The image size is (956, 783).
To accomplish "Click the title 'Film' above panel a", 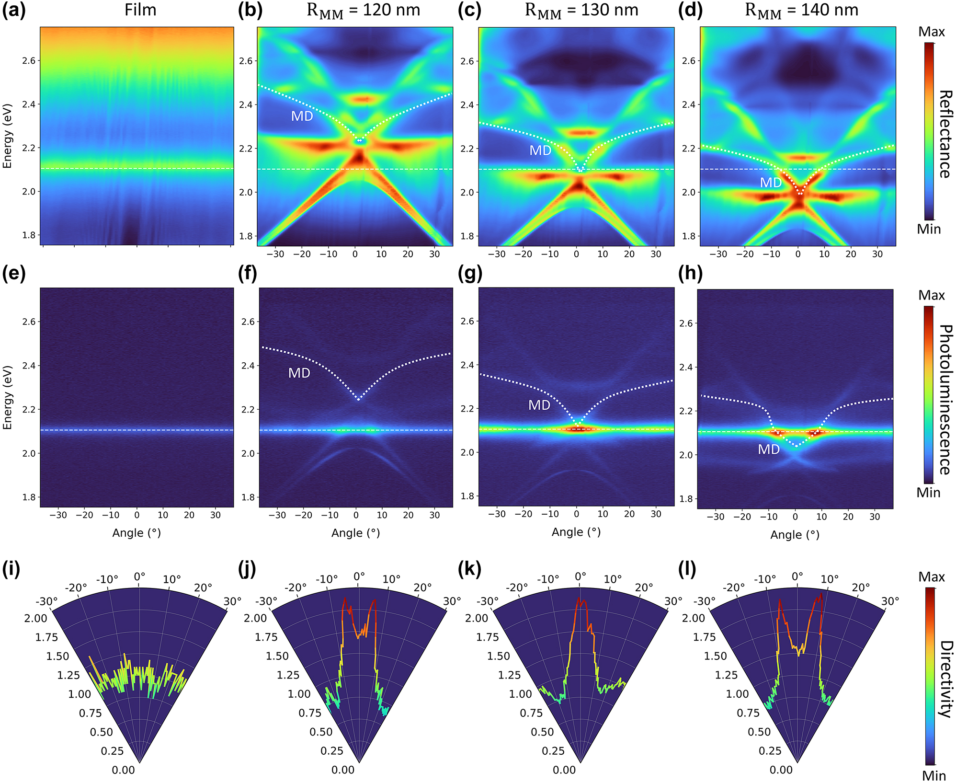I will tap(140, 10).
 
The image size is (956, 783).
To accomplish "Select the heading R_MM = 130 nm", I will tap(581, 11).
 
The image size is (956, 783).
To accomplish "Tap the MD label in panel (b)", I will tap(302, 116).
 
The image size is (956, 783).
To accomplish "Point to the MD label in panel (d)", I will tap(771, 183).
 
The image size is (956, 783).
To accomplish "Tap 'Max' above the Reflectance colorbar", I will tap(932, 32).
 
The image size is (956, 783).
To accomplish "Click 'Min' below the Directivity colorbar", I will tap(934, 775).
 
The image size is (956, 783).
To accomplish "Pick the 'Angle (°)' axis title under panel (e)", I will tap(137, 533).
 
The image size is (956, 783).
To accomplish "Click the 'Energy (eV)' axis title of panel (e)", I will tap(7, 398).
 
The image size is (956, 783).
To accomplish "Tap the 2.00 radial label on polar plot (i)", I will tap(36, 618).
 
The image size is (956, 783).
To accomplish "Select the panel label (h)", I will tap(690, 274).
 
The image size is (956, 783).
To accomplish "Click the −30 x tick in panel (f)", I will tap(277, 515).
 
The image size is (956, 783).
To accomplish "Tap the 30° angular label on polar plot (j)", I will tap(452, 601).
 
